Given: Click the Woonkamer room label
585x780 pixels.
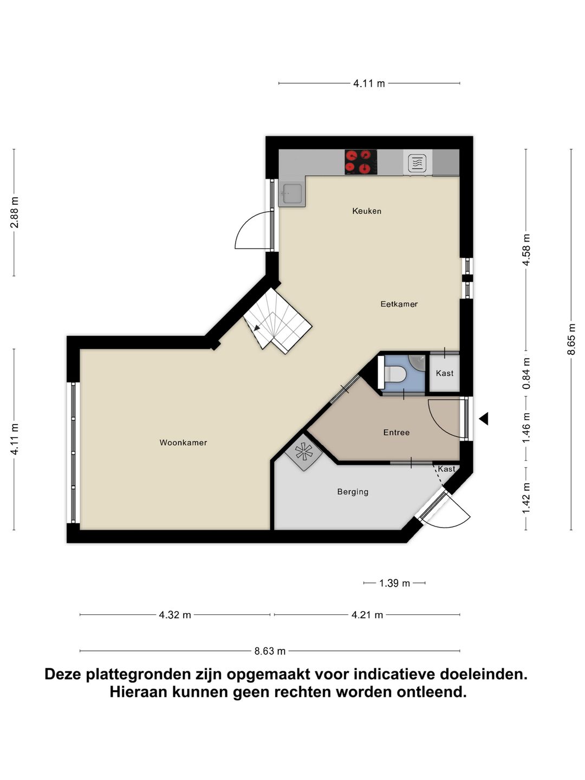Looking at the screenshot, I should (183, 443).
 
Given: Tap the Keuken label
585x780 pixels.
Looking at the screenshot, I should (367, 211).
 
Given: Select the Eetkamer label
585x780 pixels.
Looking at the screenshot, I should (399, 304).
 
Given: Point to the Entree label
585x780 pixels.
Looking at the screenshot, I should (396, 432).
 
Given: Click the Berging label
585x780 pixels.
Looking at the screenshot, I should (353, 492).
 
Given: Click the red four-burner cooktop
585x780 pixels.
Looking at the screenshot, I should (361, 162).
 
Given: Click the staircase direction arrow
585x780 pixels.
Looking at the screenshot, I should (256, 327).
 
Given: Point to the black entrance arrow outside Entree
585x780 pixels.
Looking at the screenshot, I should (484, 418).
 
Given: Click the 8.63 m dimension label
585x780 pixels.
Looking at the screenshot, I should (270, 651).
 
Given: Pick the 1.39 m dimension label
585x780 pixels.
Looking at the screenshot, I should (394, 583).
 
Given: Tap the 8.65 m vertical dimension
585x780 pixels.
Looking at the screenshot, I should (571, 339).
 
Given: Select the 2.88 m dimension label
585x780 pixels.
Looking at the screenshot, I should (15, 212).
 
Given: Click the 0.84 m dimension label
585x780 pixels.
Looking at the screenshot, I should (526, 373).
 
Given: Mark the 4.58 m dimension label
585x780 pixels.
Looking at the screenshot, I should (526, 250).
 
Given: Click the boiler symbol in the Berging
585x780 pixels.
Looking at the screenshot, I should (304, 451).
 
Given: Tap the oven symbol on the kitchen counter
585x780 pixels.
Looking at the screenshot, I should (417, 162).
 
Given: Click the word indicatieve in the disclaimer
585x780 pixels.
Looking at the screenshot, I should (394, 674).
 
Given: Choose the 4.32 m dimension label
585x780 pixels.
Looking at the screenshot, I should (174, 615).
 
